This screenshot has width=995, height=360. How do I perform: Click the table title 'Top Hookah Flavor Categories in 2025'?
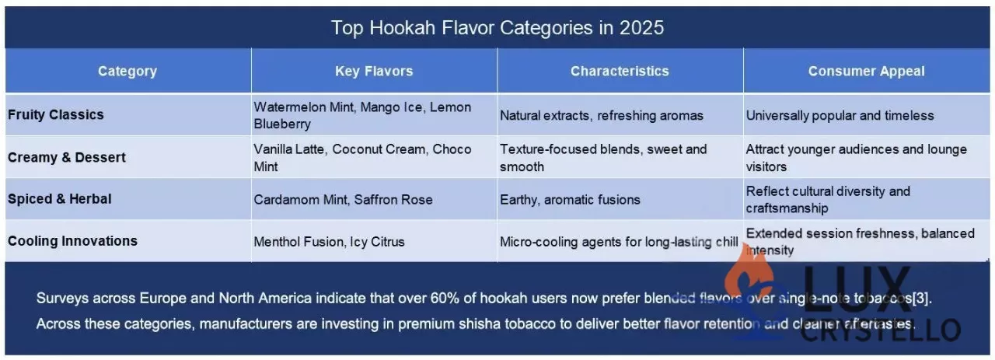497,28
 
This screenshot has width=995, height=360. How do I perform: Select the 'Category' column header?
127,72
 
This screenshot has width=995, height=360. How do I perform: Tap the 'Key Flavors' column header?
374,72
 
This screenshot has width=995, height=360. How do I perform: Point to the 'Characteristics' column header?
620,72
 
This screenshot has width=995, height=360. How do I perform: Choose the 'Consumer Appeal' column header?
866,72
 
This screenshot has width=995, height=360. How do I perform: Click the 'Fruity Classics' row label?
56,115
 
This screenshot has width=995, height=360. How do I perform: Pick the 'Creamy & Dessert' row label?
67,157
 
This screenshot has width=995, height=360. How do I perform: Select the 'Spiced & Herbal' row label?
60,199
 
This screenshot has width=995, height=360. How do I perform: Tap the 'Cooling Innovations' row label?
72,241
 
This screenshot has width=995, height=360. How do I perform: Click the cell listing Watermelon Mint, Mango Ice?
362,115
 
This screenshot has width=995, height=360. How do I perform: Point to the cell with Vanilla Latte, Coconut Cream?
362,157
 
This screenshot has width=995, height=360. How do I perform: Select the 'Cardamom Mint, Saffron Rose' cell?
343,200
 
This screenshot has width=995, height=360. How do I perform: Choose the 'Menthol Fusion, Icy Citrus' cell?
329,242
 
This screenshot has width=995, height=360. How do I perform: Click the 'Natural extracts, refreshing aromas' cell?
601,116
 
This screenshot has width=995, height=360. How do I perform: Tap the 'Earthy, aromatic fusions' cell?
570,200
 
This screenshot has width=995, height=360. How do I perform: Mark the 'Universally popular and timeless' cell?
840,116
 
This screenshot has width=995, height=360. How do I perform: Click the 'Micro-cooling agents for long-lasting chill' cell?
618,242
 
